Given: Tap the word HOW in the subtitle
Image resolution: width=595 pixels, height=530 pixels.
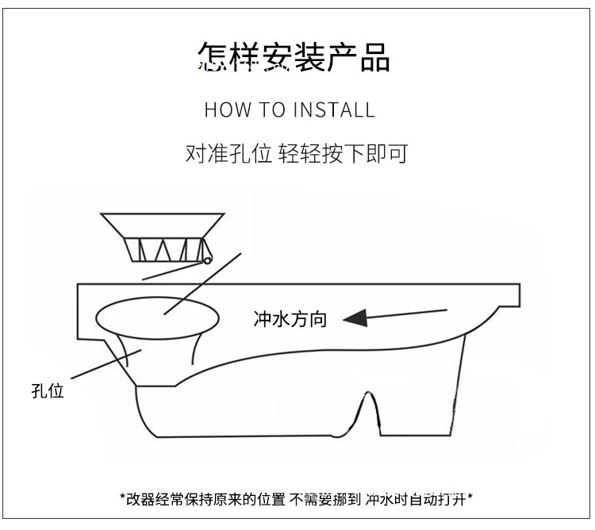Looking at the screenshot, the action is pyautogui.click(x=227, y=109).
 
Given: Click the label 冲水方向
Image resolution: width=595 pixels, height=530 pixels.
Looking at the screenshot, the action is pyautogui.click(x=290, y=320).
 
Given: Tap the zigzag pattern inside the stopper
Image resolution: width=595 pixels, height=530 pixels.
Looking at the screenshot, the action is pyautogui.click(x=167, y=249).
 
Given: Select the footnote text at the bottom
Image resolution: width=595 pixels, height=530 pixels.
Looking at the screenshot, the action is pyautogui.click(x=297, y=499).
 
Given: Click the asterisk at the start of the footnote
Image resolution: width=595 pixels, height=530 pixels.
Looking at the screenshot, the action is pyautogui.click(x=123, y=499).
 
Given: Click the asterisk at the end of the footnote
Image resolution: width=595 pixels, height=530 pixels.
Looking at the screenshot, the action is pyautogui.click(x=470, y=499).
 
